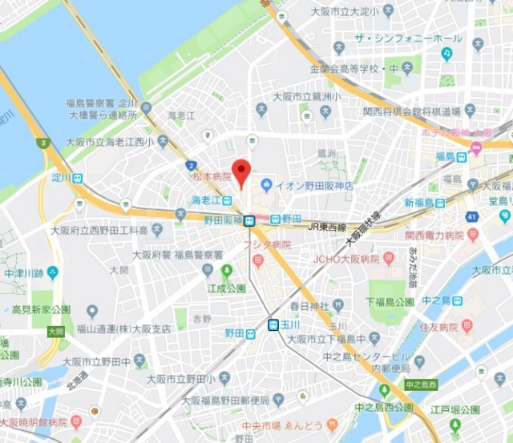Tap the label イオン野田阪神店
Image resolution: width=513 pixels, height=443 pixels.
pyautogui.click(x=314, y=186)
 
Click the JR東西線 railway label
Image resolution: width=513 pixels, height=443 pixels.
pyautogui.click(x=329, y=227)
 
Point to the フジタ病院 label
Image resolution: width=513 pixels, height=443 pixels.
pyautogui.click(x=269, y=245)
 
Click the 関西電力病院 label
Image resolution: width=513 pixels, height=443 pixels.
pyautogui.click(x=434, y=236)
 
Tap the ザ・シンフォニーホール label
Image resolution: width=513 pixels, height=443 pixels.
pyautogui.click(x=408, y=38)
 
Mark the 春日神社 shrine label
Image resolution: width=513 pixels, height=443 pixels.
pyautogui.click(x=309, y=305)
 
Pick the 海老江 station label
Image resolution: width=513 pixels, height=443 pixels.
pyautogui.click(x=207, y=199)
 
